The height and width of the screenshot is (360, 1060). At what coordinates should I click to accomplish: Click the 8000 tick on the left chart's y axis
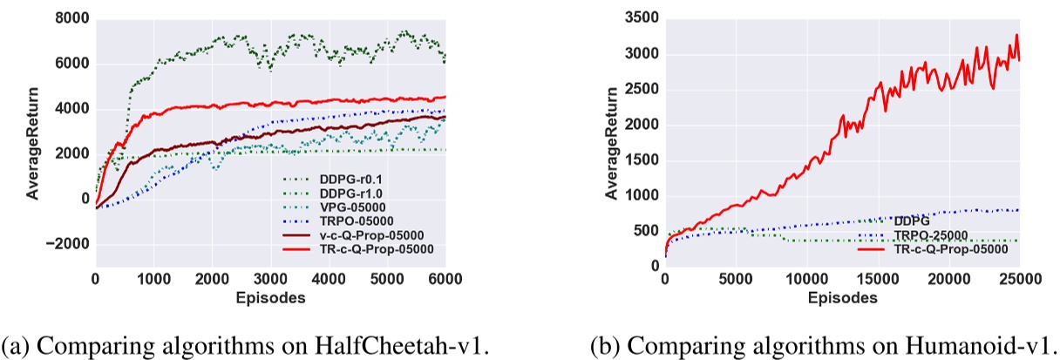coord(72,18)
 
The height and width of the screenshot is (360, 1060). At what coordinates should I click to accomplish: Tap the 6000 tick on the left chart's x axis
coord(445,281)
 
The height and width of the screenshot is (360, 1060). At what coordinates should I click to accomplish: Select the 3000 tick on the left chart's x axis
coord(270,281)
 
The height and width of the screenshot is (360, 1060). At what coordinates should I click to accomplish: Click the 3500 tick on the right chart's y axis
coord(641,18)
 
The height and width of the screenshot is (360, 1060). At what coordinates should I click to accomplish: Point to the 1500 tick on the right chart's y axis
coord(641,160)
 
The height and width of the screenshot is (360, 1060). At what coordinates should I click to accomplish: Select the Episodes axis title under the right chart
coord(843,296)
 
